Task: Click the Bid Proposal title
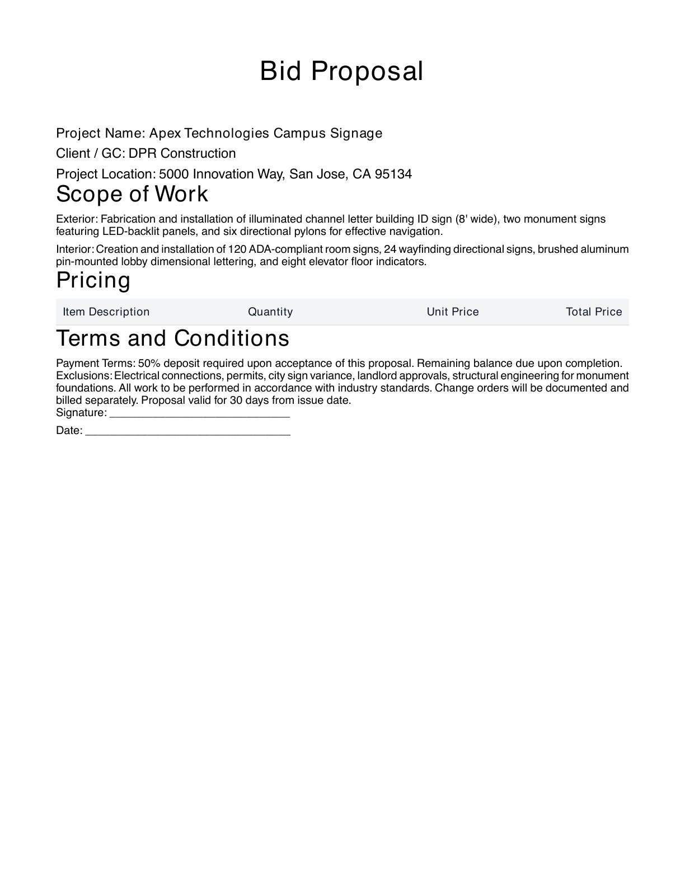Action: pyautogui.click(x=341, y=72)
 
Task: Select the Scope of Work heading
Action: pyautogui.click(x=132, y=194)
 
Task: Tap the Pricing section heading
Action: pyautogui.click(x=93, y=280)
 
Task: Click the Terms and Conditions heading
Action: pyautogui.click(x=172, y=338)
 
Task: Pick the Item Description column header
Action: pyautogui.click(x=106, y=312)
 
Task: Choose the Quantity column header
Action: pyautogui.click(x=270, y=312)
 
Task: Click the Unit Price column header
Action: pyautogui.click(x=453, y=312)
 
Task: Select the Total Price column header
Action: pyautogui.click(x=594, y=312)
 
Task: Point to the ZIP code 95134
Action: pyautogui.click(x=393, y=175)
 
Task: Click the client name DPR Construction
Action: pyautogui.click(x=182, y=154)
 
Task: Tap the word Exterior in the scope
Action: pyautogui.click(x=77, y=219)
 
